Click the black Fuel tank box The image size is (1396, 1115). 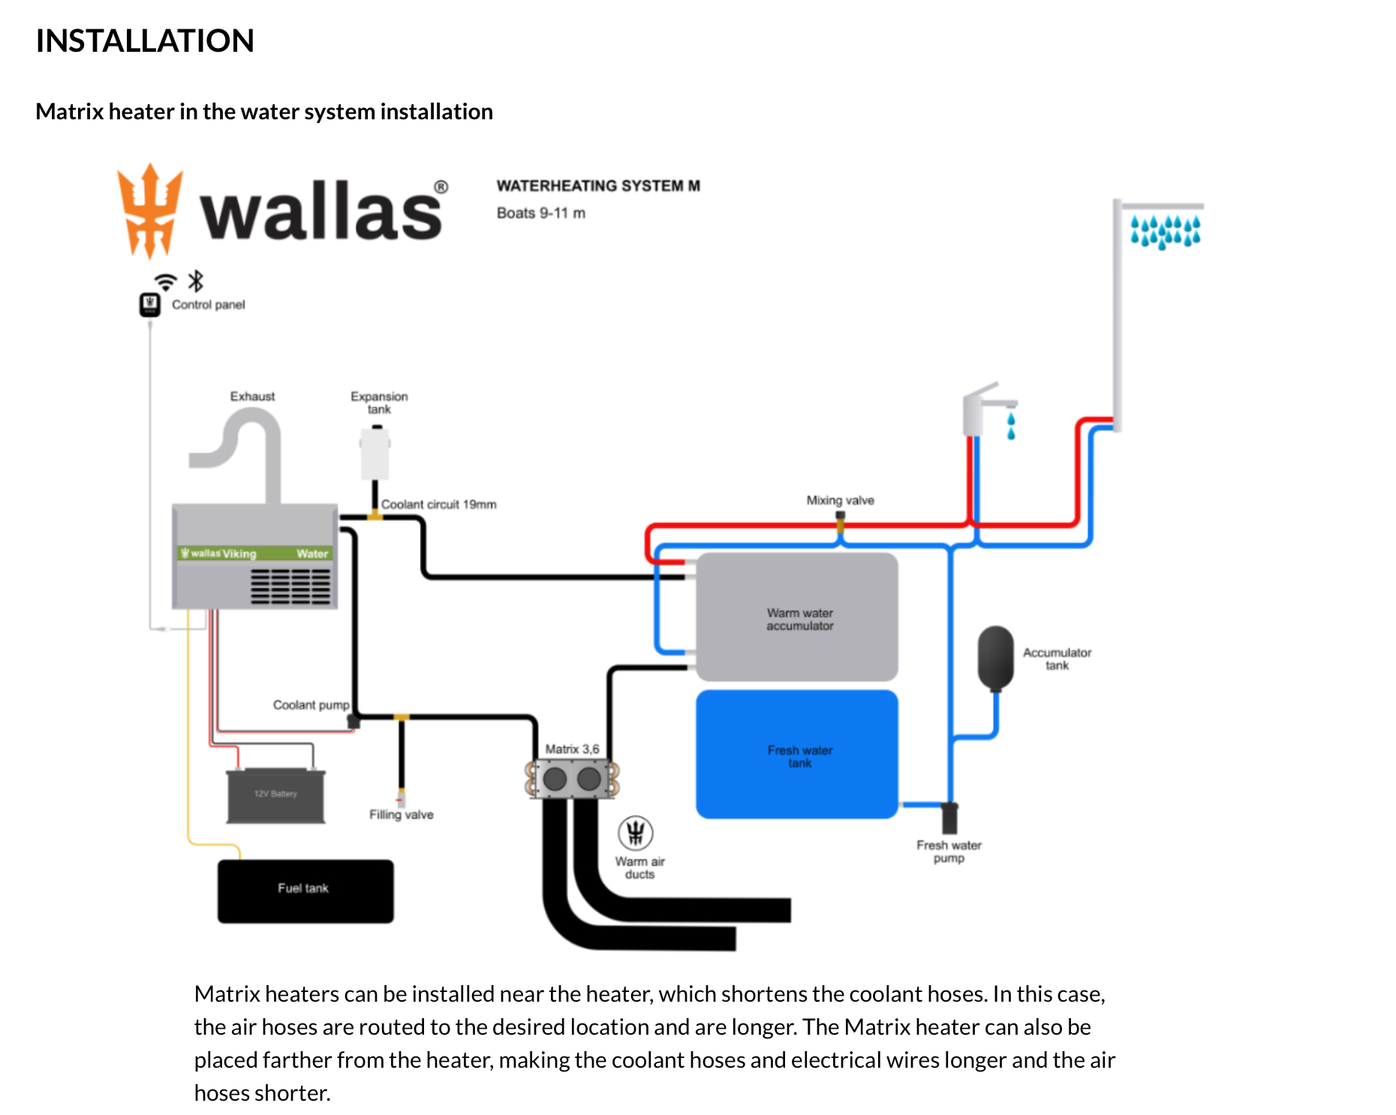point(305,891)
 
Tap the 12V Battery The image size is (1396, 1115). point(275,795)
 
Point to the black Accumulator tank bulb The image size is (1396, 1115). point(995,657)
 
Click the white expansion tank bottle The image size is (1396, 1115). point(375,453)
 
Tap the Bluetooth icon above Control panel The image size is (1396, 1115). point(196,281)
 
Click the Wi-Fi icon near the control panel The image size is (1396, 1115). point(165,283)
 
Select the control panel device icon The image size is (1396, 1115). point(149,305)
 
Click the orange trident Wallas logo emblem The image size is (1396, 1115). point(150,211)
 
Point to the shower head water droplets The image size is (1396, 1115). point(1165,232)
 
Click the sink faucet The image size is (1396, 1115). point(983,408)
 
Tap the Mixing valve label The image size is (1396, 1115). point(840,500)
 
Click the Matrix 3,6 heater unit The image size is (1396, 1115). point(572,779)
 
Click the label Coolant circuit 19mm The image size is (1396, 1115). point(438,505)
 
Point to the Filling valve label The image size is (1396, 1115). point(401,815)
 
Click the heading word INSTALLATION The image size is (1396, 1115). point(145,41)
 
